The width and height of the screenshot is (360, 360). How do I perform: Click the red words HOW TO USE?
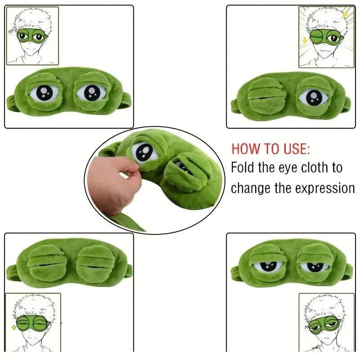pyautogui.click(x=270, y=149)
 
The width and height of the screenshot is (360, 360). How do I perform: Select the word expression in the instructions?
pyautogui.click(x=325, y=188)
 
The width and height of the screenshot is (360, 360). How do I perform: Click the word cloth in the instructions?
pyautogui.click(x=315, y=168)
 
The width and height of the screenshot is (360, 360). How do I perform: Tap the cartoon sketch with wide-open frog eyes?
pyautogui.click(x=32, y=36)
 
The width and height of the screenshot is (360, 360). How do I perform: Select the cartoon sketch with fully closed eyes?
pyautogui.click(x=32, y=322)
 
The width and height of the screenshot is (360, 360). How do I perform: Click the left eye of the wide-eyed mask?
pyautogui.click(x=44, y=93)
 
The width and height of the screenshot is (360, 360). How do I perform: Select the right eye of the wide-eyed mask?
pyautogui.click(x=91, y=92)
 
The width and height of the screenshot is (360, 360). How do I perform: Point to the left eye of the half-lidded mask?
pyautogui.click(x=267, y=265)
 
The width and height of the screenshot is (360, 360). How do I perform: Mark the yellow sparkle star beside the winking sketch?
pyautogui.click(x=305, y=40)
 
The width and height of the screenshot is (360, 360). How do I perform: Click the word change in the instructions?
pyautogui.click(x=251, y=188)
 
